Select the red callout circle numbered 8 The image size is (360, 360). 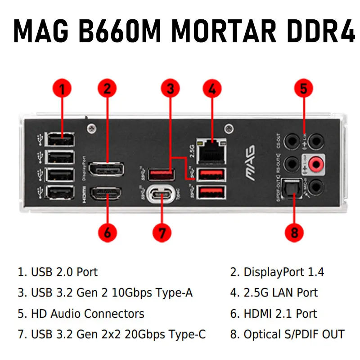[294, 233]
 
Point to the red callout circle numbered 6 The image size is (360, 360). [107, 233]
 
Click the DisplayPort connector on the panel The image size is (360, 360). [106, 169]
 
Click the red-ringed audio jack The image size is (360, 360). [318, 164]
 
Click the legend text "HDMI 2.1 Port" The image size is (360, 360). [280, 314]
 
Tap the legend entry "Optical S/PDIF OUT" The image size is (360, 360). [293, 334]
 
